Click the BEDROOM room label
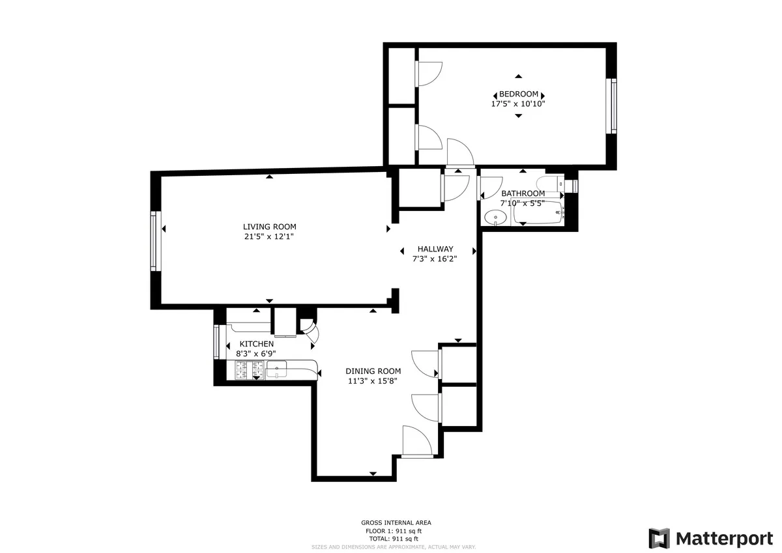click(519, 94)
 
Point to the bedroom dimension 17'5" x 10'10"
click(518, 104)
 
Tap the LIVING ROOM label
click(265, 227)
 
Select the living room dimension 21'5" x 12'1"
click(265, 236)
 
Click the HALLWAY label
click(435, 249)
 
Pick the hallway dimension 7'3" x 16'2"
click(435, 259)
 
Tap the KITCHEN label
click(257, 344)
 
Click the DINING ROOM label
click(373, 371)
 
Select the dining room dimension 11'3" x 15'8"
click(373, 381)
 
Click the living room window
click(154, 240)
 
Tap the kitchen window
click(216, 341)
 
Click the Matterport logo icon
click(659, 539)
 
